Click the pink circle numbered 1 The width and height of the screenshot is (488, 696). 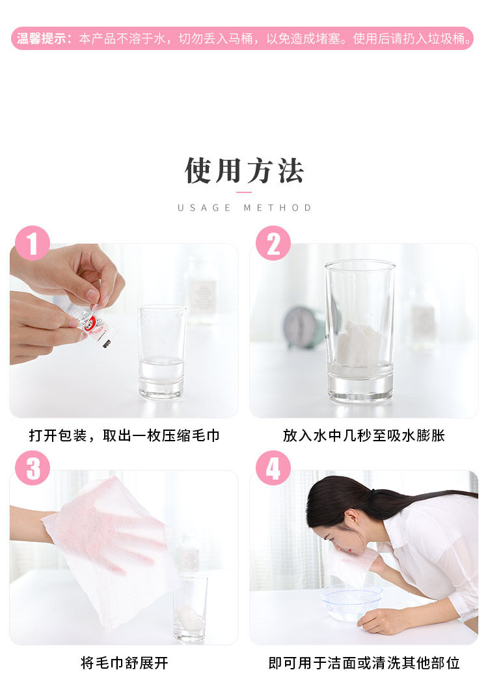[32, 243]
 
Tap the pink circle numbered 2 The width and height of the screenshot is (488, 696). [273, 243]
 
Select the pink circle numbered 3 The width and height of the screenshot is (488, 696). [32, 468]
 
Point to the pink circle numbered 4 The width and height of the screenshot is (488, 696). [273, 468]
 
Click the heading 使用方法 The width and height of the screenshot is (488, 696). [244, 171]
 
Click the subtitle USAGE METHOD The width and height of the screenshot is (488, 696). [244, 208]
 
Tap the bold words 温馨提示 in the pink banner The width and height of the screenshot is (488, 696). [42, 38]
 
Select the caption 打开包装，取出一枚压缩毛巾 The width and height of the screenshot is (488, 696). [124, 435]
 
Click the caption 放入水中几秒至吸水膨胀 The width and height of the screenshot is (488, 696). [364, 435]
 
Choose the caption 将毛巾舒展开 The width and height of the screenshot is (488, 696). [124, 663]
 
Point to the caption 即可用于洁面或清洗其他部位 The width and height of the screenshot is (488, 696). [364, 663]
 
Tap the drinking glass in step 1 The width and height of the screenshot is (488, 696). [161, 352]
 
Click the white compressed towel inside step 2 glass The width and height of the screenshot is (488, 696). [359, 343]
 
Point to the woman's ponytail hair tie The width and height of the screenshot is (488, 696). [376, 493]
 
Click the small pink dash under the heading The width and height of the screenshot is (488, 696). [244, 192]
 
